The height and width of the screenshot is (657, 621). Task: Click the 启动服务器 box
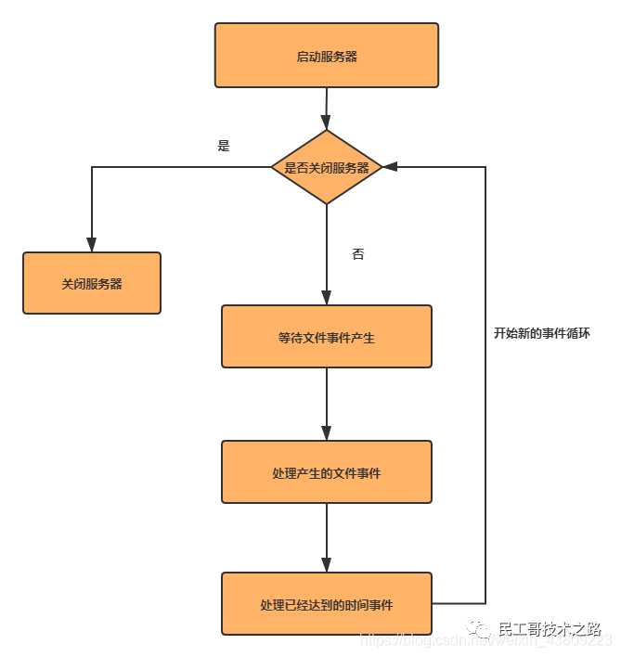326,56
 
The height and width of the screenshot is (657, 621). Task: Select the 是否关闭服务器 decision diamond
326,168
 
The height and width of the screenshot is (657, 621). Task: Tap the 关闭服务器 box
92,283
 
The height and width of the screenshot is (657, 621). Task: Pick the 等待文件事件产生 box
326,337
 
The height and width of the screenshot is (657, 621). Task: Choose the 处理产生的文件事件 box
326,472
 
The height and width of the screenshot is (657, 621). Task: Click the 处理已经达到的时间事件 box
326,604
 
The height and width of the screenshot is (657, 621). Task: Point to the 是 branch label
223,146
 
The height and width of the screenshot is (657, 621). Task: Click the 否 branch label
357,253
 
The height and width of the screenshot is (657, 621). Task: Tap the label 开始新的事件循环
541,332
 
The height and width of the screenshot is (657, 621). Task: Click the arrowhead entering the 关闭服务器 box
92,245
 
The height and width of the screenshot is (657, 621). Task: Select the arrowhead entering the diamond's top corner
326,122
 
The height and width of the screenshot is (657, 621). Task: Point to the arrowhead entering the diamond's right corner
390,167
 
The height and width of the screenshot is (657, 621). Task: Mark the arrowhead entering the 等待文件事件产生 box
326,298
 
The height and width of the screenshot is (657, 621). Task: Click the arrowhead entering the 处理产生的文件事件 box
326,433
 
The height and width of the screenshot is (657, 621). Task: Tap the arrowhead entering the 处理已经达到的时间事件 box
326,565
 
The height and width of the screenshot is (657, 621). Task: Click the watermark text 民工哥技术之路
550,628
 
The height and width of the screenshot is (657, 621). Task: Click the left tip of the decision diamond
272,168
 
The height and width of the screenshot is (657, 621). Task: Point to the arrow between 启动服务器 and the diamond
326,107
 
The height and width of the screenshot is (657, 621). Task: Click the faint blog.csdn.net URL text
418,640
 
